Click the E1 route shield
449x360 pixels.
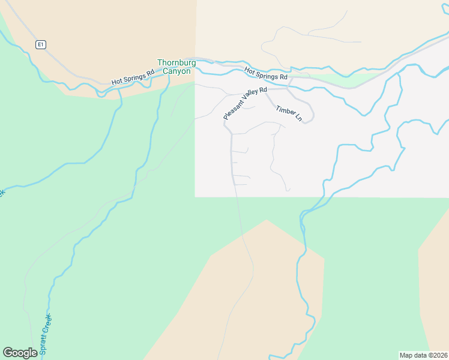tap(40, 44)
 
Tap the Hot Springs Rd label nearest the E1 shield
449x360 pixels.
tap(133, 76)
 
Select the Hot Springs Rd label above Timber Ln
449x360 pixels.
tap(266, 74)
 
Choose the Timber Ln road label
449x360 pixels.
tap(289, 113)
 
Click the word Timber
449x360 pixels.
tap(285, 110)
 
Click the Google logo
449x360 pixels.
tap(20, 353)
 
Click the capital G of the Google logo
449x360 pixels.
tap(8, 352)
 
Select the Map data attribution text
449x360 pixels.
tap(423, 355)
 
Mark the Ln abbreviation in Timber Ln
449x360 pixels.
tap(298, 118)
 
